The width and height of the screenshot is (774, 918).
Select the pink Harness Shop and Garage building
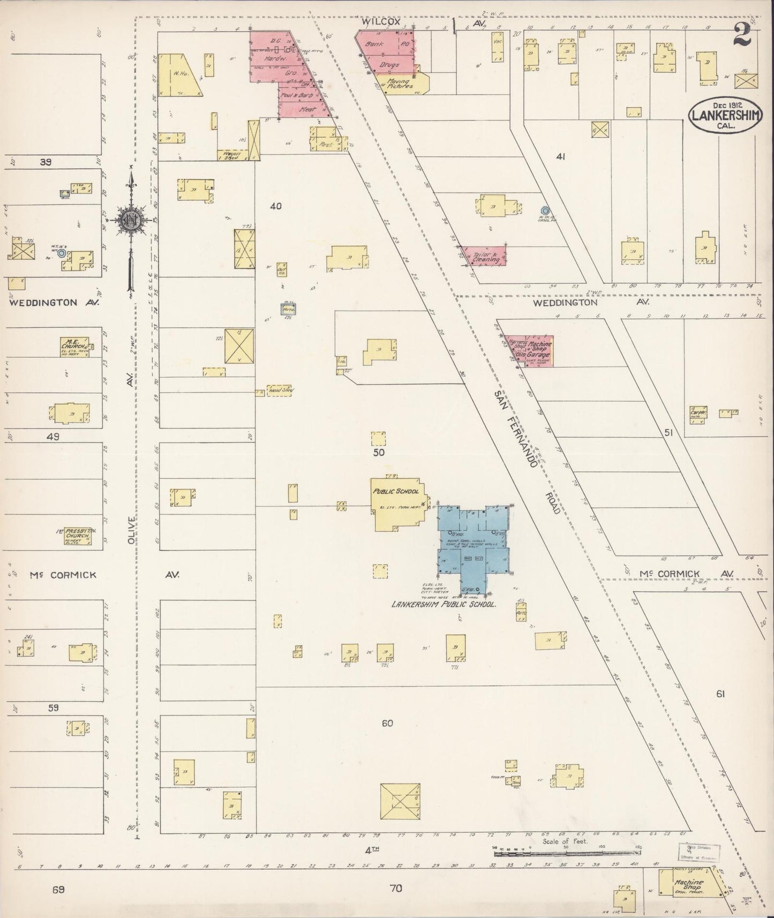527,351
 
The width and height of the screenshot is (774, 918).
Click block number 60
387,723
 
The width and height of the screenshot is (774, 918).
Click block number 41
561,156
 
